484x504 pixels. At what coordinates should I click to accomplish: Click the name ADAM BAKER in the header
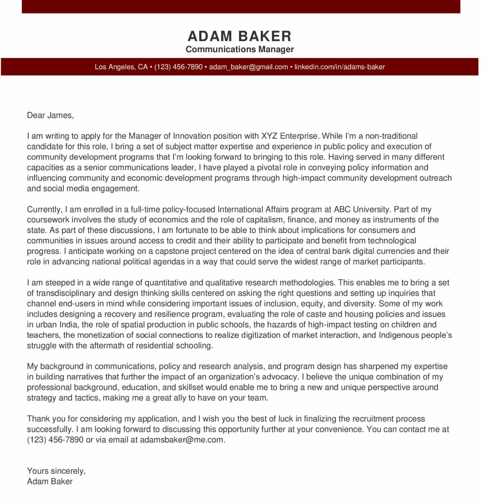pyautogui.click(x=240, y=36)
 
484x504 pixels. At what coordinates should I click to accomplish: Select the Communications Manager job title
pyautogui.click(x=240, y=49)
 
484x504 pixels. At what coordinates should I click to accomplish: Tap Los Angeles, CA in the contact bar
pyautogui.click(x=121, y=67)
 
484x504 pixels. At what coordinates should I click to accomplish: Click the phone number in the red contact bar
pyautogui.click(x=178, y=67)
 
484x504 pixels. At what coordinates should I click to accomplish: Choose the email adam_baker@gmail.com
pyautogui.click(x=248, y=67)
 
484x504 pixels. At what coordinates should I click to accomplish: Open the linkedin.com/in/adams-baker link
pyautogui.click(x=340, y=67)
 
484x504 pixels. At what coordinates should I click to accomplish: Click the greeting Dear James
pyautogui.click(x=50, y=115)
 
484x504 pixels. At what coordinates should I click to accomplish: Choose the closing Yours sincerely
pyautogui.click(x=56, y=471)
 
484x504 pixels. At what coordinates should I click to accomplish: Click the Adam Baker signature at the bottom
pyautogui.click(x=50, y=481)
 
